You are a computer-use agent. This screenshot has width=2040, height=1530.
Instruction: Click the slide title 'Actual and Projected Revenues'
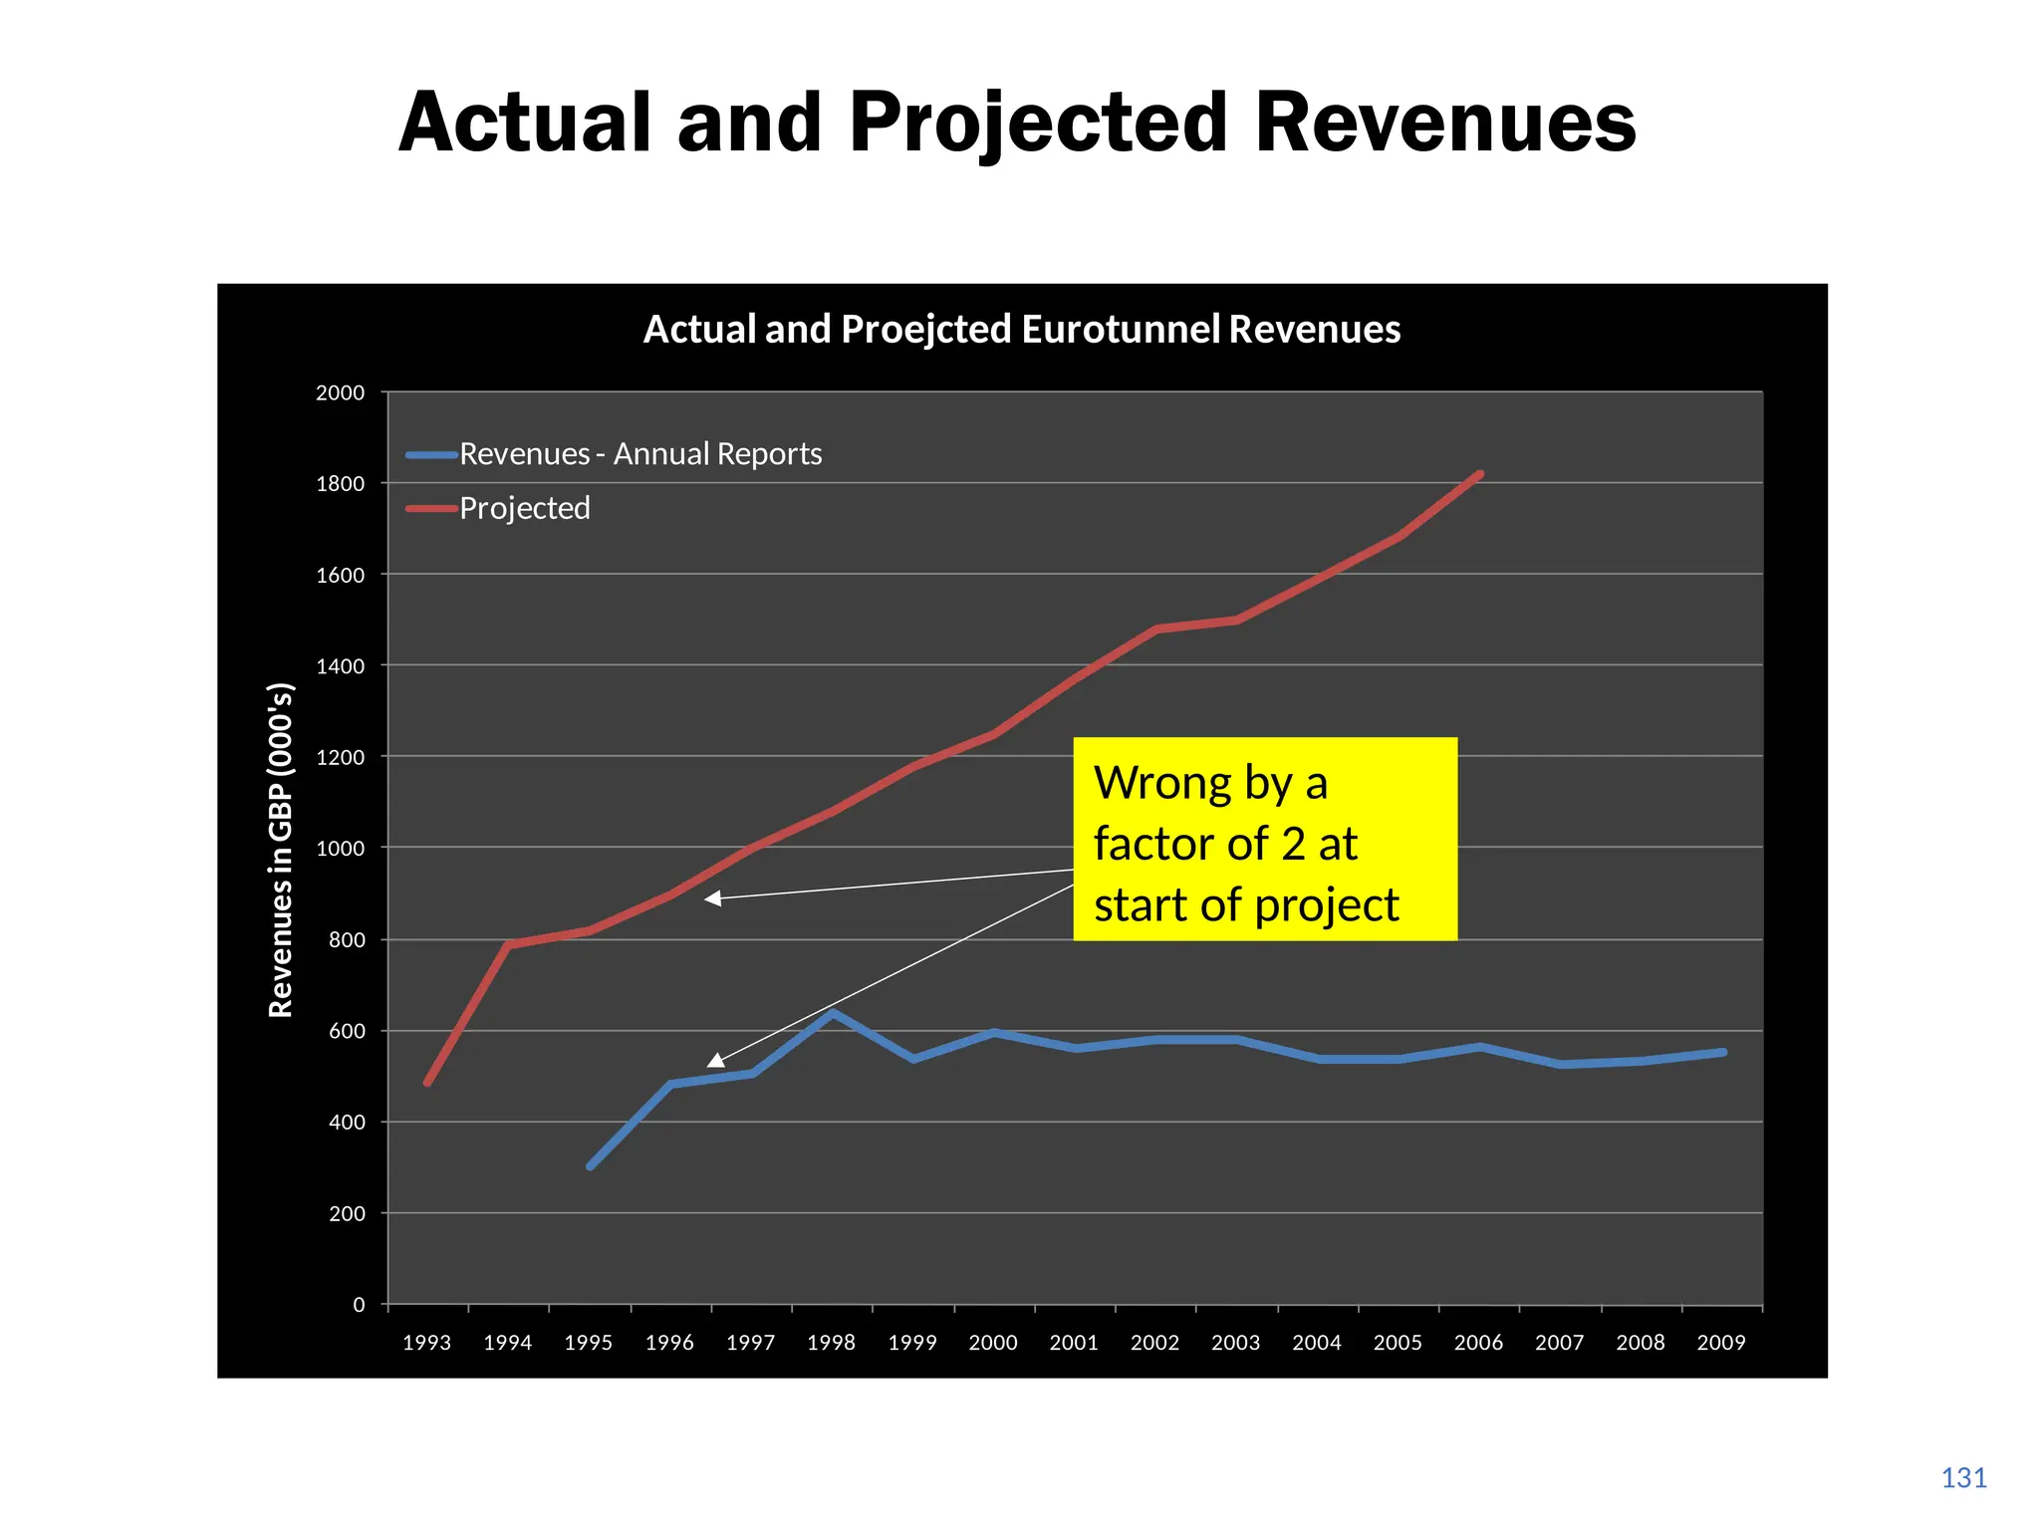[x=1017, y=123]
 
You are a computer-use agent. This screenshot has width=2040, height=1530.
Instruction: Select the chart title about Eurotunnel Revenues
[x=1021, y=330]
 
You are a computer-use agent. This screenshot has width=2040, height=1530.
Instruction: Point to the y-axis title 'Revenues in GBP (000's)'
[x=281, y=850]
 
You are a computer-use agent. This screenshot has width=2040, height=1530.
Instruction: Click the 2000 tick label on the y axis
[x=340, y=393]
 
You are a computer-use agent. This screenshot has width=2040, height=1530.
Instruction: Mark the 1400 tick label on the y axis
[x=340, y=666]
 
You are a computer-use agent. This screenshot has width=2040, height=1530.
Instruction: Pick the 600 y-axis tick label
[x=346, y=1032]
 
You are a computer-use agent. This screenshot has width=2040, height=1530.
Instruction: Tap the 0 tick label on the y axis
[x=359, y=1305]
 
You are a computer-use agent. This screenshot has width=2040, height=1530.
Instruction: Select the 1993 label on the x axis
[x=426, y=1343]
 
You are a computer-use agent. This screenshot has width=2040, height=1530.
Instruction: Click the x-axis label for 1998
[x=831, y=1343]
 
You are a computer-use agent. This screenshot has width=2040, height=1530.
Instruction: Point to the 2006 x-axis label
[x=1478, y=1343]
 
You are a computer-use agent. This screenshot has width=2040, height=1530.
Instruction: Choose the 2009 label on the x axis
[x=1721, y=1343]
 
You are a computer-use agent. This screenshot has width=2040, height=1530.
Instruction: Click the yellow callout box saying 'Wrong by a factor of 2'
[x=1264, y=839]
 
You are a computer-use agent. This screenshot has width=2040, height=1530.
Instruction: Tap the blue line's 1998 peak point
[x=833, y=1014]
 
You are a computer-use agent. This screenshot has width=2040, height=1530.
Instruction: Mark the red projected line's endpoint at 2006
[x=1480, y=474]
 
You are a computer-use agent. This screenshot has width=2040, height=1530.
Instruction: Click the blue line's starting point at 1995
[x=590, y=1165]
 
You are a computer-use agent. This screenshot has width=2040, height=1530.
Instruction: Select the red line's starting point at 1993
[x=427, y=1083]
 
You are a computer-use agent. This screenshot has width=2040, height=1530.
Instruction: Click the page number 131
[x=1963, y=1478]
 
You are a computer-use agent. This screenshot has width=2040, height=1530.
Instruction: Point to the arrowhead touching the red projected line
[x=711, y=898]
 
